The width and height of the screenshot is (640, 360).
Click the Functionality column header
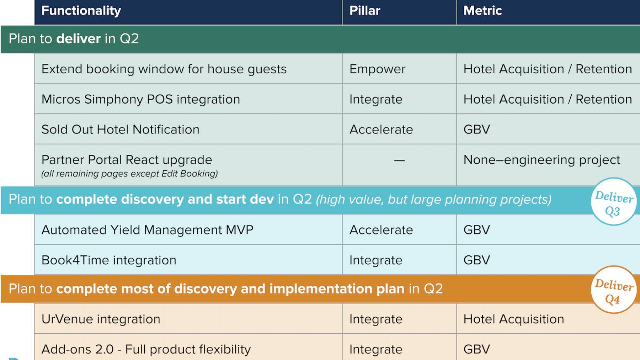pyautogui.click(x=81, y=11)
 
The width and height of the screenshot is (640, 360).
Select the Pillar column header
pyautogui.click(x=364, y=11)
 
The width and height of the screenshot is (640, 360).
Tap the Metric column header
pyautogui.click(x=482, y=11)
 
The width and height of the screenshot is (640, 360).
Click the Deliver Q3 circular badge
pyautogui.click(x=613, y=202)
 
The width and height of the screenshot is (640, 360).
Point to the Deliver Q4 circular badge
pyautogui.click(x=613, y=290)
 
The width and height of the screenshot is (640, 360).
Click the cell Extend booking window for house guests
pyautogui.click(x=164, y=69)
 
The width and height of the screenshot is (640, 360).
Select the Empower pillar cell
pyautogui.click(x=377, y=69)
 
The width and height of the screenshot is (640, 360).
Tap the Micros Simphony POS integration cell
pyautogui.click(x=140, y=99)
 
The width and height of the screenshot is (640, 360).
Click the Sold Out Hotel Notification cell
pyautogui.click(x=120, y=129)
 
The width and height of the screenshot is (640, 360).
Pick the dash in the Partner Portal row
pyautogui.click(x=399, y=160)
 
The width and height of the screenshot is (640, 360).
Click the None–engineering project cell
pyautogui.click(x=541, y=160)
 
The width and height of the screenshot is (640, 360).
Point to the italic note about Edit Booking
pyautogui.click(x=129, y=174)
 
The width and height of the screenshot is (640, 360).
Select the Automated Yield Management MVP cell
pyautogui.click(x=147, y=230)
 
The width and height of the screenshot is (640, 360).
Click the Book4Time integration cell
pyautogui.click(x=109, y=260)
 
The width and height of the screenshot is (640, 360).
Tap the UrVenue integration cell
pyautogui.click(x=101, y=319)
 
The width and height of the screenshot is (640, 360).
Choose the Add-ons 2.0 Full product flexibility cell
pyautogui.click(x=146, y=349)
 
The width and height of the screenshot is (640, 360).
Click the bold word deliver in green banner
pyautogui.click(x=78, y=39)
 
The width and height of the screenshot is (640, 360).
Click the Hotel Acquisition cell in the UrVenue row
pyautogui.click(x=513, y=319)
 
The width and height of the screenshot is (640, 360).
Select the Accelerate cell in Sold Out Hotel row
pyautogui.click(x=381, y=129)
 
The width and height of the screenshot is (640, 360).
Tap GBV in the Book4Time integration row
pyautogui.click(x=476, y=260)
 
